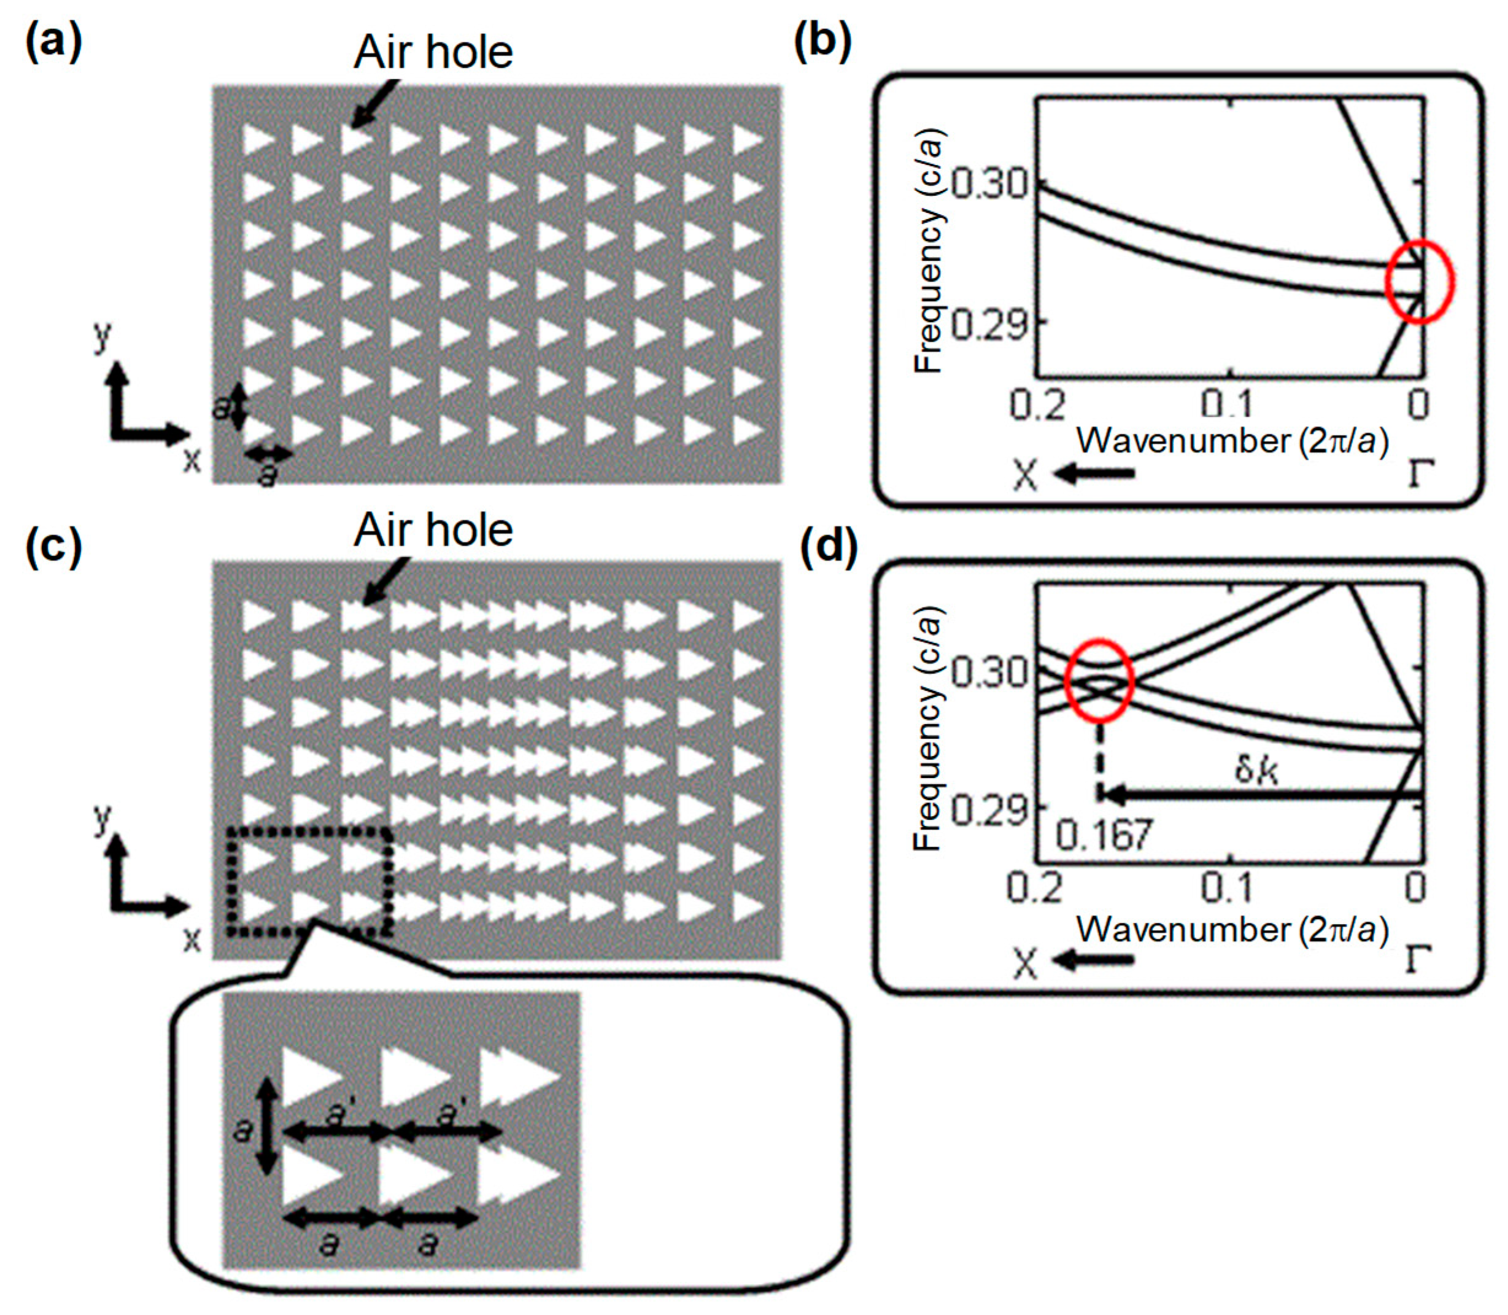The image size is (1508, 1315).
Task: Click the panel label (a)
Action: [x=53, y=42]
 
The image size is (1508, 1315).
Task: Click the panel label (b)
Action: [x=822, y=42]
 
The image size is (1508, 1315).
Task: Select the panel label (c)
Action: [x=53, y=549]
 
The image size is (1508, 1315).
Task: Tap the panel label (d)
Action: [x=828, y=549]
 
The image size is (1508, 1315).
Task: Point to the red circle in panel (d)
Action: [x=1099, y=681]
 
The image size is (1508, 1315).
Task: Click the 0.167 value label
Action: [x=1104, y=835]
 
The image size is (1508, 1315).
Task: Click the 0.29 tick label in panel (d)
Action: [x=988, y=810]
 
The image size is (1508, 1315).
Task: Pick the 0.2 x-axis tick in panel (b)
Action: [x=1036, y=406]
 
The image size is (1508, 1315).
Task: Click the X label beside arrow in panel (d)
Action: [x=1025, y=963]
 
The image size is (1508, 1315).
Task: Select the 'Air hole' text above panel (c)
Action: [x=433, y=530]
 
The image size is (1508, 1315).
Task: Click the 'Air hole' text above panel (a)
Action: [x=433, y=53]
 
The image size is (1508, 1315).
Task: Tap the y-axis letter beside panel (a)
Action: [x=102, y=336]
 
